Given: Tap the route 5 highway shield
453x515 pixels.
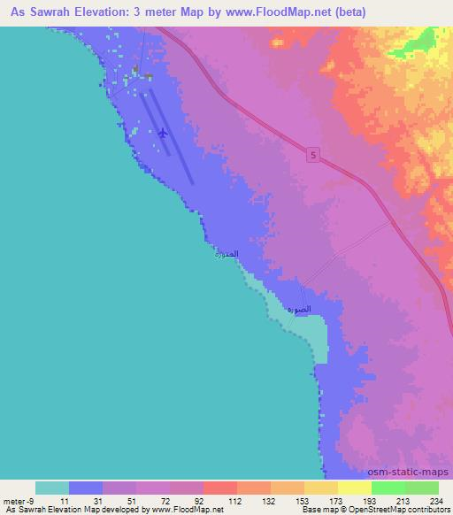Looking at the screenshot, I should (314, 155).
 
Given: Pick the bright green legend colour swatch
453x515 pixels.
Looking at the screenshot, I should (388, 488).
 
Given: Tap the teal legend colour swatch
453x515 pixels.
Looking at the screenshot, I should (52, 488).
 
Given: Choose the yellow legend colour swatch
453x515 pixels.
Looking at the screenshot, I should (355, 488).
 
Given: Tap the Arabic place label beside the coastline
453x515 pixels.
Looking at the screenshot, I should (226, 254).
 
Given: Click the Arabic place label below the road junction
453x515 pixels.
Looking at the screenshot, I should (289, 310).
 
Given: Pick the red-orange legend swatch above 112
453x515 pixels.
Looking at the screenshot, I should (220, 488).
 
